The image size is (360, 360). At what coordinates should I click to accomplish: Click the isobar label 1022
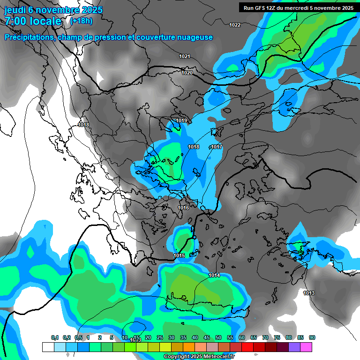pyautogui.click(x=235, y=25)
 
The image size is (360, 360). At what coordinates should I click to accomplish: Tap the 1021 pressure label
pyautogui.click(x=185, y=56)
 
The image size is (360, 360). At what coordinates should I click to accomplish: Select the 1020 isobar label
pyautogui.click(x=187, y=73)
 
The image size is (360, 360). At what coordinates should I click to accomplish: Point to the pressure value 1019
pyautogui.click(x=181, y=120)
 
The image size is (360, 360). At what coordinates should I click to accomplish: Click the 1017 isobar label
pyautogui.click(x=216, y=147)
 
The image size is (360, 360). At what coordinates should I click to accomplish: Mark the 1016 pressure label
pyautogui.click(x=183, y=208)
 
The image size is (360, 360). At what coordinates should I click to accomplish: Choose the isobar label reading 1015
pyautogui.click(x=179, y=255)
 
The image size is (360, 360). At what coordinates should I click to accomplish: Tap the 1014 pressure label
pyautogui.click(x=214, y=275)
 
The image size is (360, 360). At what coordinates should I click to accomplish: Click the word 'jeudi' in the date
pyautogui.click(x=16, y=9)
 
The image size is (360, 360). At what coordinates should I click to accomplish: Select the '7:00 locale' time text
pyautogui.click(x=33, y=21)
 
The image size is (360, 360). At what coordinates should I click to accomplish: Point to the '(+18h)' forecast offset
pyautogui.click(x=81, y=21)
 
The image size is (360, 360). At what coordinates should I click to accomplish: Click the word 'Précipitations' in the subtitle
pyautogui.click(x=29, y=37)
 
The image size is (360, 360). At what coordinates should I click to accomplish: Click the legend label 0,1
pyautogui.click(x=54, y=337)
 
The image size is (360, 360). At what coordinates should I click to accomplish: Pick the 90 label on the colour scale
pyautogui.click(x=312, y=337)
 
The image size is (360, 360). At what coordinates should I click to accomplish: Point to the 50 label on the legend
pyautogui.click(x=218, y=337)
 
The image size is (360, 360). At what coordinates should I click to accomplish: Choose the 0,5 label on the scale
pyautogui.click(x=78, y=337)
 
